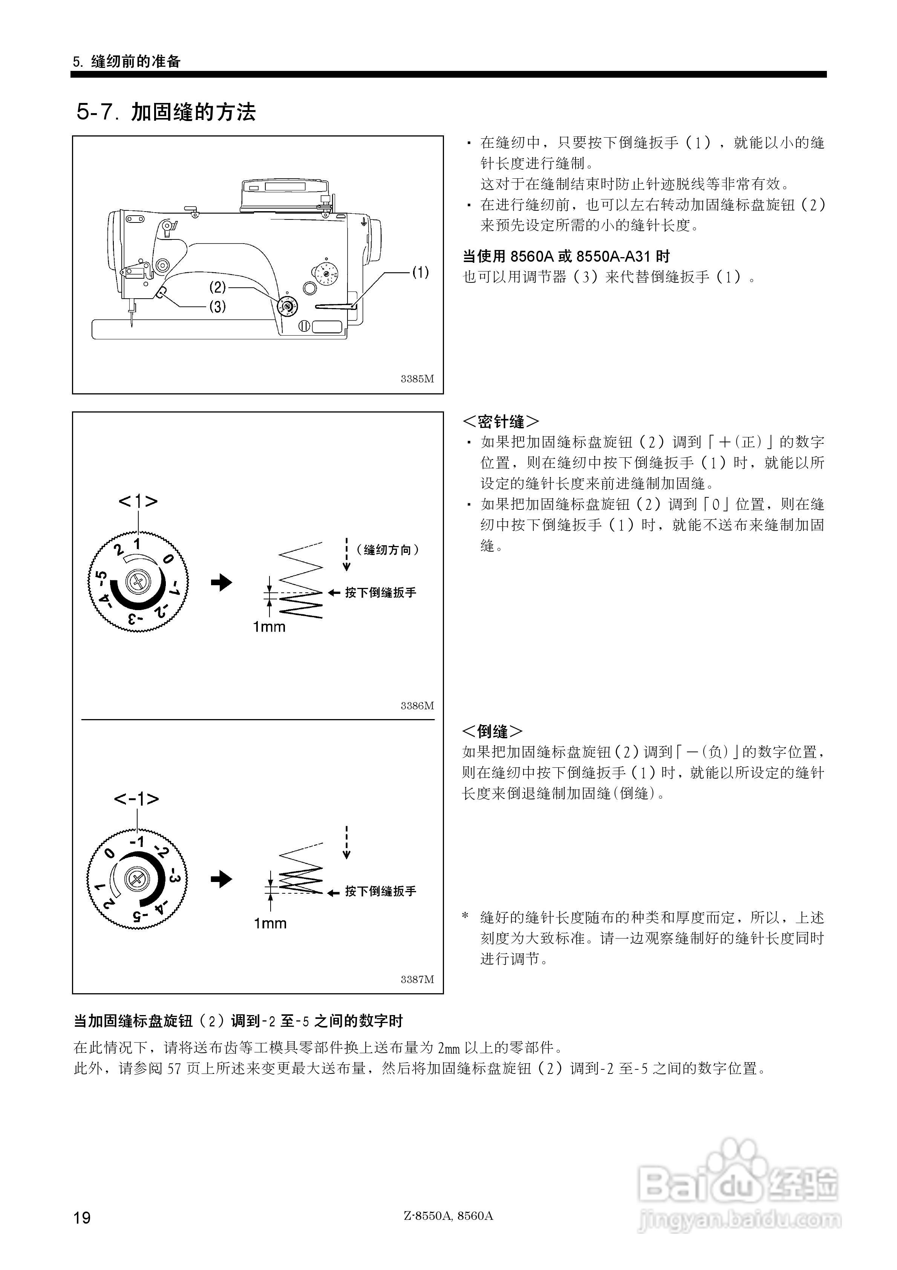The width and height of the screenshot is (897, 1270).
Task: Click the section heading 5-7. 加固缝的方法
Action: [x=166, y=112]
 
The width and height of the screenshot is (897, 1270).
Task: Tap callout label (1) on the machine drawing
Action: [x=420, y=272]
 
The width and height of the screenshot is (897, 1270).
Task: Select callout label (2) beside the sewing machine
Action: [x=217, y=287]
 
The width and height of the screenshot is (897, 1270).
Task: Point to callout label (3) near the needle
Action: [x=217, y=307]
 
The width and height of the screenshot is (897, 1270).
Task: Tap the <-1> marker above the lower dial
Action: [x=136, y=799]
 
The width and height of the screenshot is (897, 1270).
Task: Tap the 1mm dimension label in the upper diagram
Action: [x=269, y=627]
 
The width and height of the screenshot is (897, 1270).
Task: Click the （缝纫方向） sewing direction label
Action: [x=387, y=550]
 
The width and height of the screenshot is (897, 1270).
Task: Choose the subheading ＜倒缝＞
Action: [x=492, y=731]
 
